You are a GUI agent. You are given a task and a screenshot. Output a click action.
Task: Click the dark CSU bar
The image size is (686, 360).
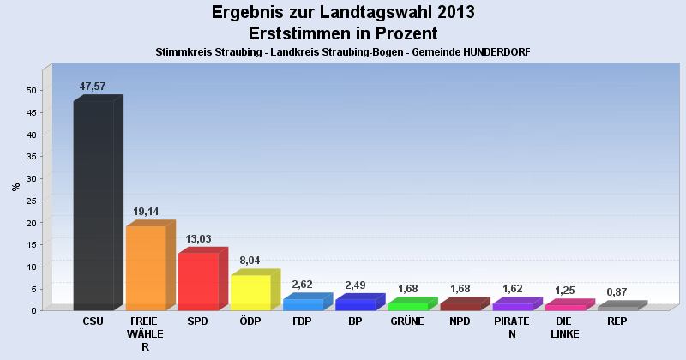coord(93,206)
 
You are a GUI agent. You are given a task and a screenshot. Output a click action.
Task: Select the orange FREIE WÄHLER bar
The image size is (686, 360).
coord(146,267)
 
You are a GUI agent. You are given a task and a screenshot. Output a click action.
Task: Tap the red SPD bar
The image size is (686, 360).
coord(198,281)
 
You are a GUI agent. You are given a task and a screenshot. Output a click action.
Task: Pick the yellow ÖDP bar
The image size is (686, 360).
coord(250,292)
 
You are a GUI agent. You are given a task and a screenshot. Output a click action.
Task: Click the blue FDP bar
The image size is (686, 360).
coord(303,304)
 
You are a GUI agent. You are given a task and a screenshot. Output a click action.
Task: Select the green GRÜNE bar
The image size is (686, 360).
coord(408,306)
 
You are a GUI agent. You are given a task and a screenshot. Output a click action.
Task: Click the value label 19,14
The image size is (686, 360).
coord(146,212)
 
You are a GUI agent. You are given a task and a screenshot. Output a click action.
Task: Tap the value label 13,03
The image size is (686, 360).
coord(198,238)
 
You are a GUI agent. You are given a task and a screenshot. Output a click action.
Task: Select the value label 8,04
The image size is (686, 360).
coord(250,261)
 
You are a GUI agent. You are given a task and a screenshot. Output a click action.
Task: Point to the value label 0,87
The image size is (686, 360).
coord(617,292)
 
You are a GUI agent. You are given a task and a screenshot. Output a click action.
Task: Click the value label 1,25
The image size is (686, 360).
coord(564,291)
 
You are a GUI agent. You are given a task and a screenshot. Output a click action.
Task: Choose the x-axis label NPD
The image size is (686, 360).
coord(460,321)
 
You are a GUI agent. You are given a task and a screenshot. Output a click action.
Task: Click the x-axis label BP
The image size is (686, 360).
coord(355,321)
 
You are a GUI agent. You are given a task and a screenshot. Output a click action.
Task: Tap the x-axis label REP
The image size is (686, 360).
coord(617,321)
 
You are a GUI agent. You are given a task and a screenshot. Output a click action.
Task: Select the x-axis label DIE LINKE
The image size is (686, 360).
coord(564,327)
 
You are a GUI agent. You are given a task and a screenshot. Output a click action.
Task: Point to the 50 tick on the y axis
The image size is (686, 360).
coord(31,91)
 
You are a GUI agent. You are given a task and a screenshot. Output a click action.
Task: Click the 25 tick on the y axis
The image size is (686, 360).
coord(31,201)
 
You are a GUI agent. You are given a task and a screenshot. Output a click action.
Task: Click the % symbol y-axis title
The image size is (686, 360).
coord(15,186)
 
